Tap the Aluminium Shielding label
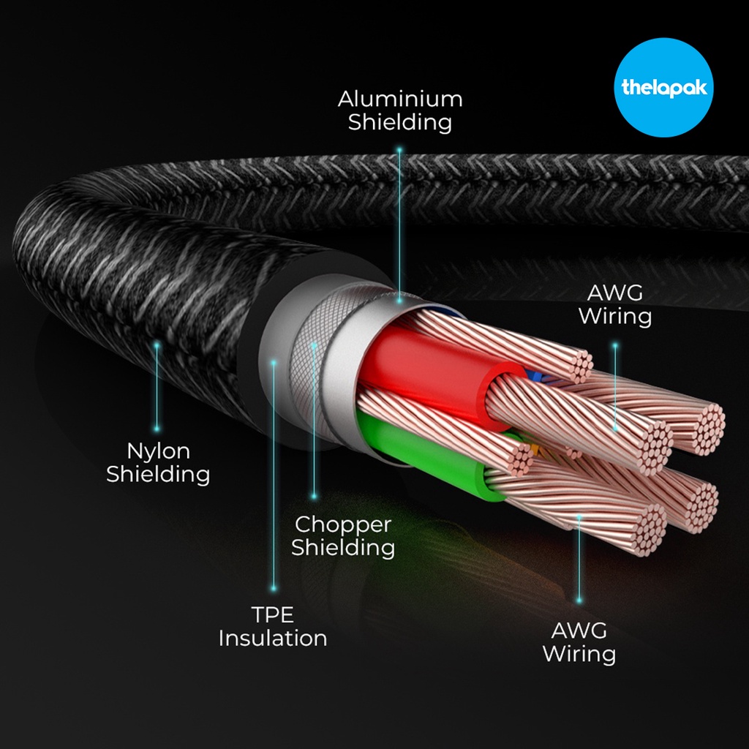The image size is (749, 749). [x=399, y=110]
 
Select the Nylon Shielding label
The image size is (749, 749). [x=158, y=462]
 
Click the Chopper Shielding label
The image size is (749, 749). [x=343, y=535]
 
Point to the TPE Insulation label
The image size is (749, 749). [x=273, y=626]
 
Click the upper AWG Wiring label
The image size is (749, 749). [x=614, y=305]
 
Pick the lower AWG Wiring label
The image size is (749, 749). [x=579, y=641]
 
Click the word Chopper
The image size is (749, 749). [x=343, y=524]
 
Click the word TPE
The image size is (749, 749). [x=273, y=614]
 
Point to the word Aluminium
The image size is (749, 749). [x=399, y=99]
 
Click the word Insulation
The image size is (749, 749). [x=273, y=638]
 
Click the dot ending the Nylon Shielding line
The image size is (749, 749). [x=157, y=429]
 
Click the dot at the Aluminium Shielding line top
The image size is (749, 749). [x=399, y=149]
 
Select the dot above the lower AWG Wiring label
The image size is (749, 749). [x=579, y=601]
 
